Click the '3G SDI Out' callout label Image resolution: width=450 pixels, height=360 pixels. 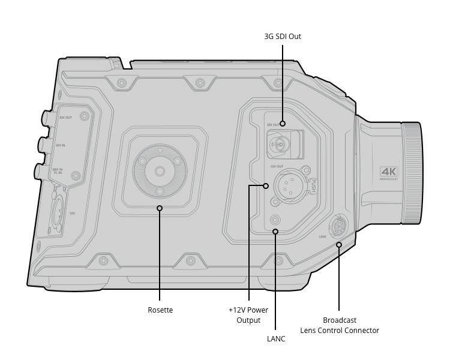[283, 37]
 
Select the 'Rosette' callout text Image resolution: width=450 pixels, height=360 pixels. [160, 310]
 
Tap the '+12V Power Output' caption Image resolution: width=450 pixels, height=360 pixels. [248, 315]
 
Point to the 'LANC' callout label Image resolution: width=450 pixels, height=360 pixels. [275, 339]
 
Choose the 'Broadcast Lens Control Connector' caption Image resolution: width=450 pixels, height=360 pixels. [340, 325]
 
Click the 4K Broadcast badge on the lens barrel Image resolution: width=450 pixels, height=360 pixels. [388, 173]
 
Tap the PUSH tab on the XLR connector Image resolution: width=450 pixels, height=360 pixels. [313, 187]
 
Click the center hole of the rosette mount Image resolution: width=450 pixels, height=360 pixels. [160, 172]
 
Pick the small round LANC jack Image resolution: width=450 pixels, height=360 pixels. [275, 218]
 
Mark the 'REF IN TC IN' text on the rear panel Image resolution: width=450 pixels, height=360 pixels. [57, 172]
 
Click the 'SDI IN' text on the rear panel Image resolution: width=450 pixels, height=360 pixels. [60, 145]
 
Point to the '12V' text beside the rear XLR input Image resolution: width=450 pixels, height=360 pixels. [72, 212]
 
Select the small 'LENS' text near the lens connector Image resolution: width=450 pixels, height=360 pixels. [322, 236]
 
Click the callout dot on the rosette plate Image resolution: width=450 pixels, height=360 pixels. [160, 208]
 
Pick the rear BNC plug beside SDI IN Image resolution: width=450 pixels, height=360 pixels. [43, 145]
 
